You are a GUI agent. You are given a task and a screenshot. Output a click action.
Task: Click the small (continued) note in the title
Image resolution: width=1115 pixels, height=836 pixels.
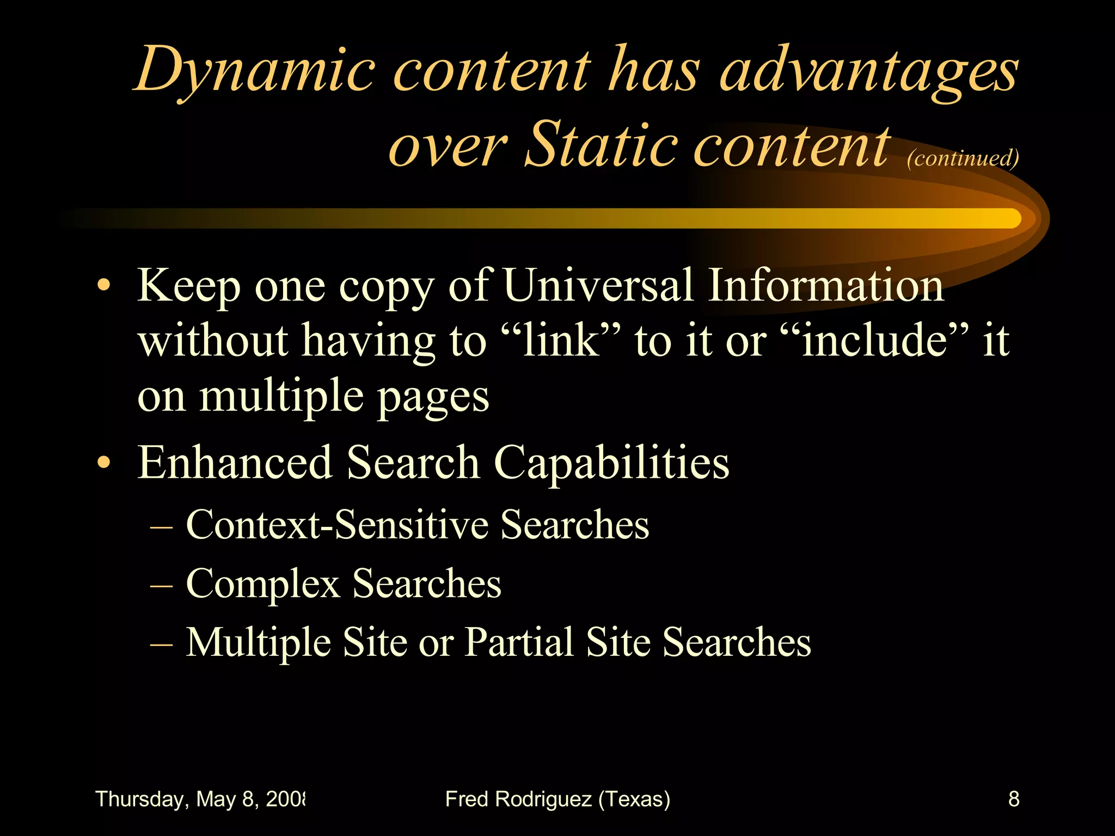[963, 158]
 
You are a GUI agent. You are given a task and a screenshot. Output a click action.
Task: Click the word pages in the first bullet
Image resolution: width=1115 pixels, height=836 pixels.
[433, 397]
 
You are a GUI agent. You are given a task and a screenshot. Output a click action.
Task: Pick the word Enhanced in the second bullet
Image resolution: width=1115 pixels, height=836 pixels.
[235, 463]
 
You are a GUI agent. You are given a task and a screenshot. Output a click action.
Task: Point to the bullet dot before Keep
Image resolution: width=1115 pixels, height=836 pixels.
[103, 285]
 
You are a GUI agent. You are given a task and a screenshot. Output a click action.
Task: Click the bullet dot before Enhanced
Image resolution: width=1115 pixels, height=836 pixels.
[103, 463]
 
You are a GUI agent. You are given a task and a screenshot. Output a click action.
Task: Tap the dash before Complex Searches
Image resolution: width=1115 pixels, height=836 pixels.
[161, 586]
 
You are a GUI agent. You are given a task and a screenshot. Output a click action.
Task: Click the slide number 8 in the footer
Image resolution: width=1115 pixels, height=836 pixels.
[1013, 799]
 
